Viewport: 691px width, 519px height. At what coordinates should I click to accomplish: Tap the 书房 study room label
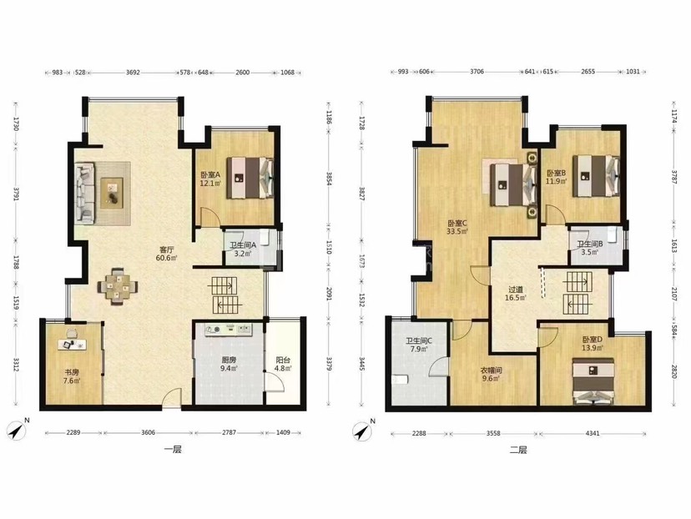point(72,372)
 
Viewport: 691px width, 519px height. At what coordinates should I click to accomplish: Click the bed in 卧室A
point(250,178)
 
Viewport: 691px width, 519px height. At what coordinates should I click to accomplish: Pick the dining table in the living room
point(117,286)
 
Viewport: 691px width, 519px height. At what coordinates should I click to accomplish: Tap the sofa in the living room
point(84,192)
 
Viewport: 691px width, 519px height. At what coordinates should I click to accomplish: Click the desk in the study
point(72,344)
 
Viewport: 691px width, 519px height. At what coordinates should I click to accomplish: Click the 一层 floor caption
point(173,450)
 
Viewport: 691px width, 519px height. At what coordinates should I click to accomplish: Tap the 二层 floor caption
point(518,450)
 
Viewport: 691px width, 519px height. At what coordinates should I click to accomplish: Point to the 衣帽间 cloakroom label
point(491,370)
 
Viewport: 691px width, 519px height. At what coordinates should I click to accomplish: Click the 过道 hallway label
point(516,290)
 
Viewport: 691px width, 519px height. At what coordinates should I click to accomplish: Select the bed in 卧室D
point(593,381)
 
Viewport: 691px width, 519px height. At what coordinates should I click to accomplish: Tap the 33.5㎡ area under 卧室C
point(457,231)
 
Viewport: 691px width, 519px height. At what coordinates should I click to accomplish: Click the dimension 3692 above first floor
point(133,73)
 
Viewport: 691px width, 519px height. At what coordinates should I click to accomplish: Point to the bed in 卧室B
point(596,176)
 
